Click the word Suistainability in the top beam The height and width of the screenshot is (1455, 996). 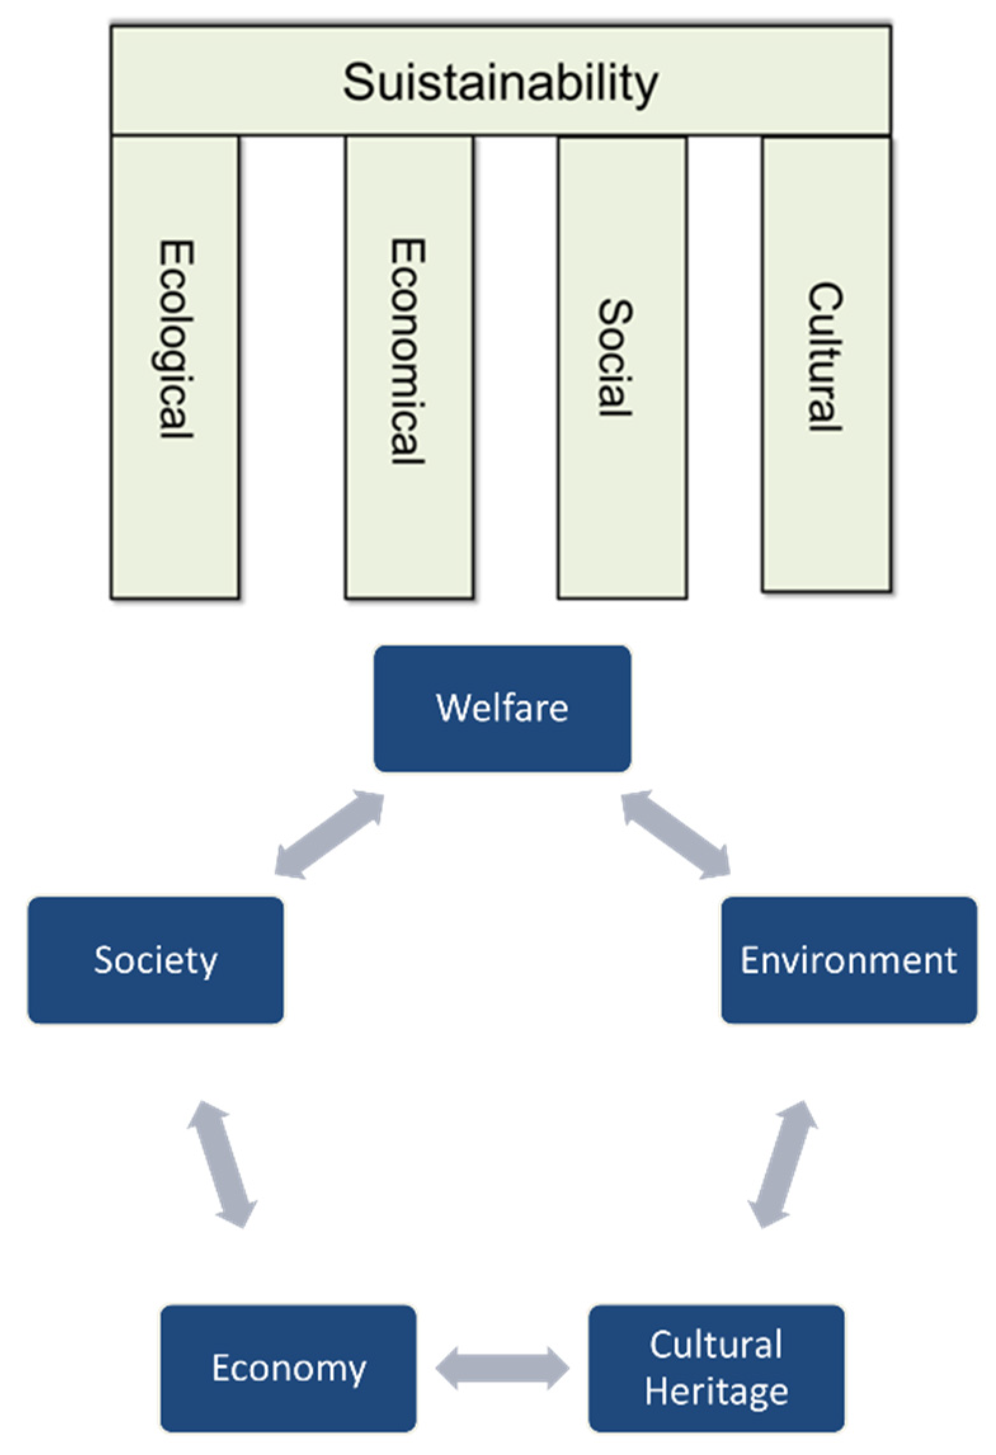tap(500, 83)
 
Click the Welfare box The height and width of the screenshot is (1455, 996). tap(502, 708)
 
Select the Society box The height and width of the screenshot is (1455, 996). tap(156, 959)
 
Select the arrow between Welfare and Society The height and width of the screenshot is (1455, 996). tap(329, 834)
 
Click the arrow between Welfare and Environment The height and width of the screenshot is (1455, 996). tap(675, 834)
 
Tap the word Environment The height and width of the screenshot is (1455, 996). tap(849, 959)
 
